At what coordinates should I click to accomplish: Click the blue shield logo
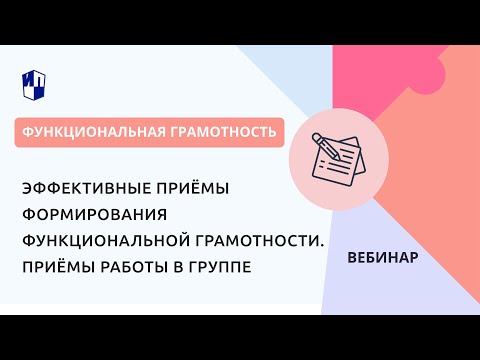click(32, 83)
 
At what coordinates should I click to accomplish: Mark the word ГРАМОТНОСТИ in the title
click(269, 241)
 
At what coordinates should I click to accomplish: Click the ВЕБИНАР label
click(383, 256)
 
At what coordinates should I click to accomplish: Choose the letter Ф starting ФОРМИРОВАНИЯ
click(54, 216)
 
